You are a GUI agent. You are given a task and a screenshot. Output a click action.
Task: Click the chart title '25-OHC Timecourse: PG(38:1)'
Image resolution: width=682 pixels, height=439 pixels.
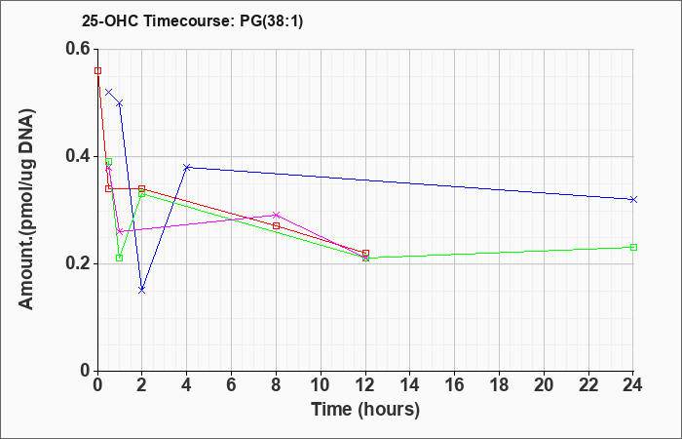tap(192, 20)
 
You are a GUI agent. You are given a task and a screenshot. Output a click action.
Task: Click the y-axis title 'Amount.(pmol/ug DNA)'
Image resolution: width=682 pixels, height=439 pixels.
tap(27, 210)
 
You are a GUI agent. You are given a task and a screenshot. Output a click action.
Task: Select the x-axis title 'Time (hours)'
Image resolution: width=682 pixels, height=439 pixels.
tap(365, 410)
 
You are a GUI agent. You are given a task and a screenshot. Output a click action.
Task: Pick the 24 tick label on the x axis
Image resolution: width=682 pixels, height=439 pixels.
tap(633, 385)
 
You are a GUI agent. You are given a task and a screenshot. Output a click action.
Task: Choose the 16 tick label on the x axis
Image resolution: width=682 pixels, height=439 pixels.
tap(455, 385)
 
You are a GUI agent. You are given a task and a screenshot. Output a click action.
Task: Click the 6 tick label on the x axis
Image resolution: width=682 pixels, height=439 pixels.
tap(232, 385)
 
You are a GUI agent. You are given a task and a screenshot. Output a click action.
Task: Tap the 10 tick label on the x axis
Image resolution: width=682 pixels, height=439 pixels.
tap(321, 385)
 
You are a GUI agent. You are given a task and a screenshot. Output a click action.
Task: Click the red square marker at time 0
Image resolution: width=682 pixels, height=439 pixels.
tap(97, 70)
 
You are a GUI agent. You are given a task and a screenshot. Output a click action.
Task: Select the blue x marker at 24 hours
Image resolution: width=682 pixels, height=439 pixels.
tap(633, 199)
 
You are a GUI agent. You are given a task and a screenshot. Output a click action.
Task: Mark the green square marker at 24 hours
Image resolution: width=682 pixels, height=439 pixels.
tap(633, 248)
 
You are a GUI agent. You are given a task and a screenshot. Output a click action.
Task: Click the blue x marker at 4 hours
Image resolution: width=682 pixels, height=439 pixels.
tap(187, 167)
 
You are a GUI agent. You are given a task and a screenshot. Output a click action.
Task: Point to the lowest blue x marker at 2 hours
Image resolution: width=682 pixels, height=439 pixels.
tap(142, 290)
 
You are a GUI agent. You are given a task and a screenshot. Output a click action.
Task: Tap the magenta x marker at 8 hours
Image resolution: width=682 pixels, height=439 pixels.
tap(276, 216)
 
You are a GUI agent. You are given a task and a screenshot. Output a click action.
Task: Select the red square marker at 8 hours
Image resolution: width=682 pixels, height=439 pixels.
tap(276, 226)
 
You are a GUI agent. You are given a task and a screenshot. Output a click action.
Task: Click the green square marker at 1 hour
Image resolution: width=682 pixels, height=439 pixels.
tap(120, 259)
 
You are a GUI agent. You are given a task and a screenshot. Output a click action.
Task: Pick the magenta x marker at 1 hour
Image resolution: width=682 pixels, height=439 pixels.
tap(120, 231)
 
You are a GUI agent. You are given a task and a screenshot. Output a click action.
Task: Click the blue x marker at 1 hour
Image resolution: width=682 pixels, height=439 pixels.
tap(120, 103)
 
